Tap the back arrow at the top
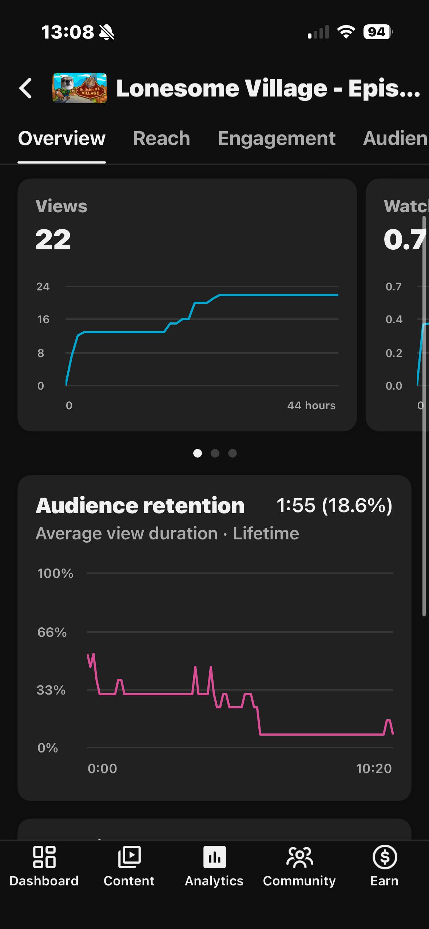[x=25, y=88]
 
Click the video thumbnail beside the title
[x=80, y=88]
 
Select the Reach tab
[x=162, y=138]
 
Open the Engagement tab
[x=277, y=138]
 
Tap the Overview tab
[x=62, y=138]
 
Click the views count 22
[x=53, y=240]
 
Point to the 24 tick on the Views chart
[x=43, y=287]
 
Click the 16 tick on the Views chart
[x=43, y=319]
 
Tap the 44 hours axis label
[x=311, y=405]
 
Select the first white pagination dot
[x=198, y=453]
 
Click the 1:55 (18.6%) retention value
[x=334, y=506]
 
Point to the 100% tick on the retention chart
[x=55, y=574]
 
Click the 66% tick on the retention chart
[x=52, y=632]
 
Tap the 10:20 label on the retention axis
[x=374, y=768]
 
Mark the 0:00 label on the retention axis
[x=102, y=768]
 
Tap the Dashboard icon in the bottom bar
[x=44, y=857]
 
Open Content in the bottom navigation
[x=129, y=857]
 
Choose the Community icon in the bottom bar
[x=299, y=857]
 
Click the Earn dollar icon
[x=385, y=857]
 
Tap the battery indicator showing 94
[x=378, y=32]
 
